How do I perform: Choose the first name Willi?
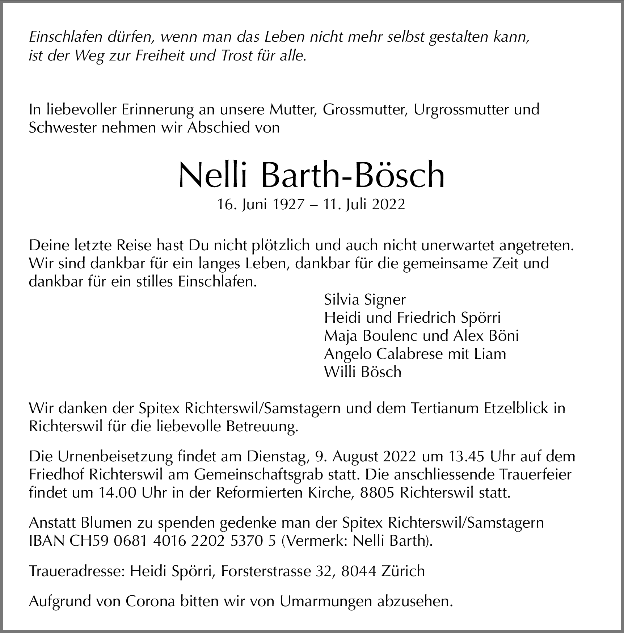[x=336, y=372]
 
